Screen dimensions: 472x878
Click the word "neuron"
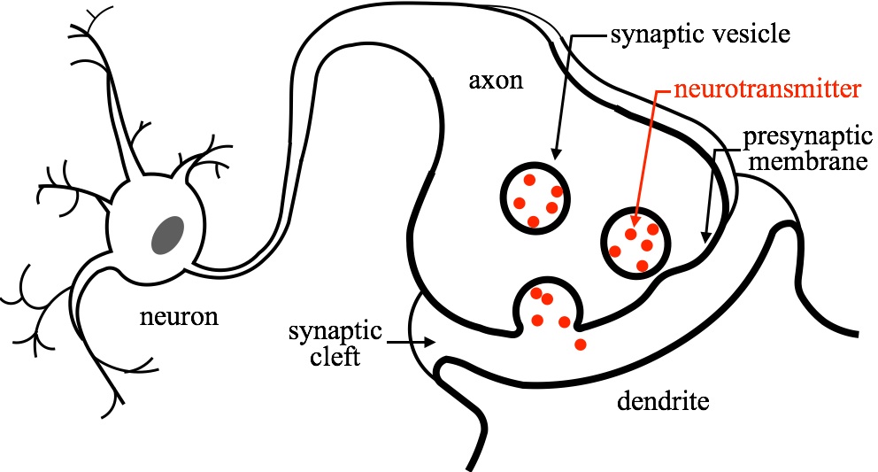[x=179, y=315]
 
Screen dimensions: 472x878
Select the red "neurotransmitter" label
[x=766, y=89]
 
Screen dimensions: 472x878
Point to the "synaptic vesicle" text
[x=699, y=37]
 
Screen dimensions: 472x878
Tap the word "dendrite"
[x=662, y=404]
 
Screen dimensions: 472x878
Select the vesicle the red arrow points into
[x=636, y=241]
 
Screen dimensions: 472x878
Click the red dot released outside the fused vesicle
[x=580, y=344]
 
